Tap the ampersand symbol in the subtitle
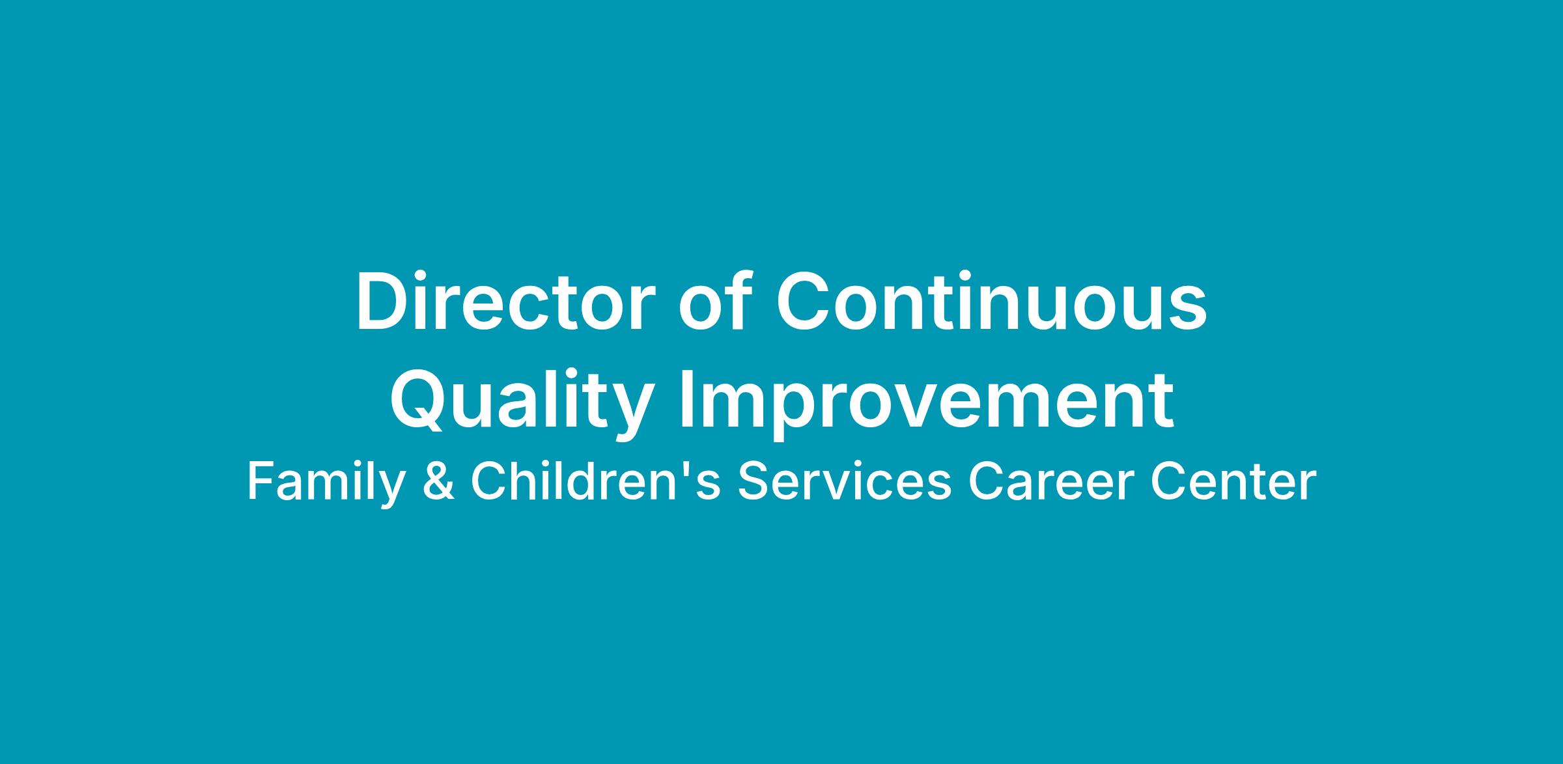click(438, 483)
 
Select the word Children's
click(596, 482)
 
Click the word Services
click(845, 482)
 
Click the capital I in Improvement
click(688, 403)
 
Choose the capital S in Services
click(753, 483)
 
